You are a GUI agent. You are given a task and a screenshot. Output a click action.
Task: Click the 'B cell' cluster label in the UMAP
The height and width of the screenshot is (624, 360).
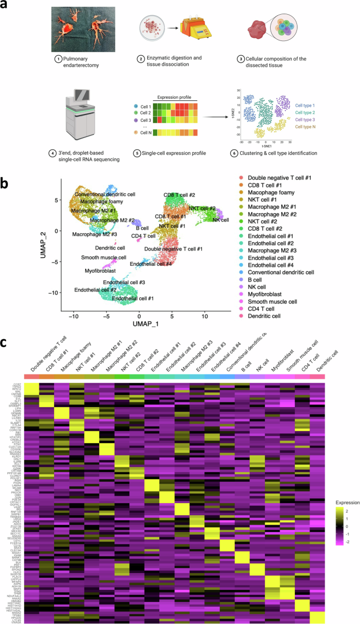142,228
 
